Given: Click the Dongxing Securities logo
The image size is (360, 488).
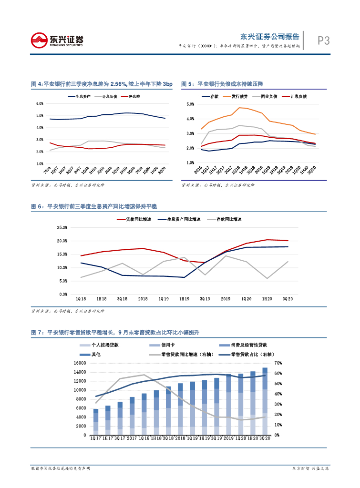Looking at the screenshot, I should pos(57,40).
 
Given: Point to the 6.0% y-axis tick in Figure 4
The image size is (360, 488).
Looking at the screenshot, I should pos(40,103).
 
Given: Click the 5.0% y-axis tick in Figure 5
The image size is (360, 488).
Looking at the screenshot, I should pos(190,104).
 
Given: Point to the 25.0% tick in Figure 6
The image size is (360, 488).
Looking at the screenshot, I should pos(62,228).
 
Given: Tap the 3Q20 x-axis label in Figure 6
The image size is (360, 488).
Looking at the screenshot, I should pos(288,298).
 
